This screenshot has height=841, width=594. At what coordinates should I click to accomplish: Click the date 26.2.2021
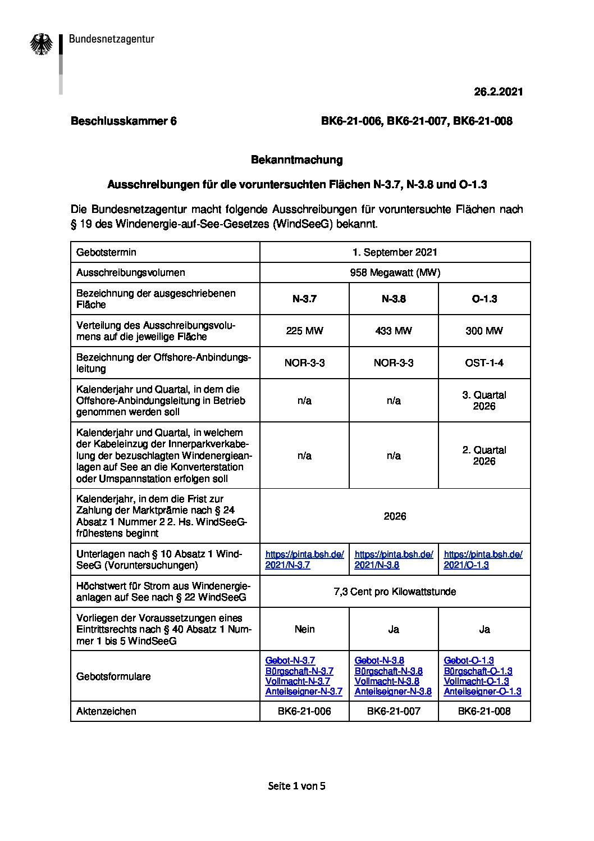pos(498,92)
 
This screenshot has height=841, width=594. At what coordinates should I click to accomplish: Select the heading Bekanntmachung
pos(296,160)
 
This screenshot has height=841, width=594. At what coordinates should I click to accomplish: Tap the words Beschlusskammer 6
pos(124,121)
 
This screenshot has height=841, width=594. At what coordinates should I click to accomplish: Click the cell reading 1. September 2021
pos(395,252)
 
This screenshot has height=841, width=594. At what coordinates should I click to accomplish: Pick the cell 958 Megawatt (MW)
pos(395,272)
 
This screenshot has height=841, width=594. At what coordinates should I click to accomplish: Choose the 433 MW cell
pos(394,331)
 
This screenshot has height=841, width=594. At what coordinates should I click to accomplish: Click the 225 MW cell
pos(304,331)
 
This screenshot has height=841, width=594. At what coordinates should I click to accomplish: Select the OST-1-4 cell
pos(484,363)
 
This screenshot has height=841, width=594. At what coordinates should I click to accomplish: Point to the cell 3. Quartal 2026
pos(484,401)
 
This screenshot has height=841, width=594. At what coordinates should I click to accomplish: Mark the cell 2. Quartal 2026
pos(484,456)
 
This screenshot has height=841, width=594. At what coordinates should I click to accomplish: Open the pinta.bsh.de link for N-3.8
pos(394,560)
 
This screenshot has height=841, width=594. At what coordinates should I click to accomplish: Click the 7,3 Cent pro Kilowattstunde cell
pos(395,592)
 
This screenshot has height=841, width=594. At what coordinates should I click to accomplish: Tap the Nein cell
pos(304,629)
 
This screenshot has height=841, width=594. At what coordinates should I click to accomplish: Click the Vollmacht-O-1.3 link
pos(476,681)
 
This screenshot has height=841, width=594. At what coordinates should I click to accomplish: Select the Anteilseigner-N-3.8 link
pos(393,692)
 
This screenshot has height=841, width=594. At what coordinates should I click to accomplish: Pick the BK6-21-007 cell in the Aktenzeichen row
pos(394,711)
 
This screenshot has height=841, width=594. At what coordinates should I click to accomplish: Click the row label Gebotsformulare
pos(113,676)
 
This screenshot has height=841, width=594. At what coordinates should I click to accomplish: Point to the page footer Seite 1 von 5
pos(296,786)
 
